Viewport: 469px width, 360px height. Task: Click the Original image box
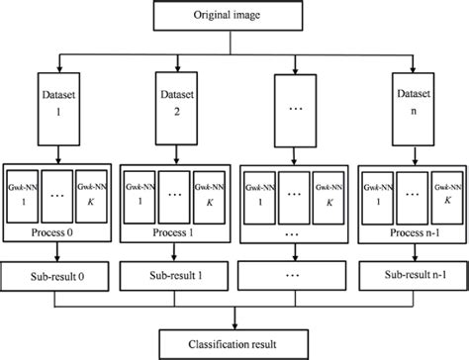234,17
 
